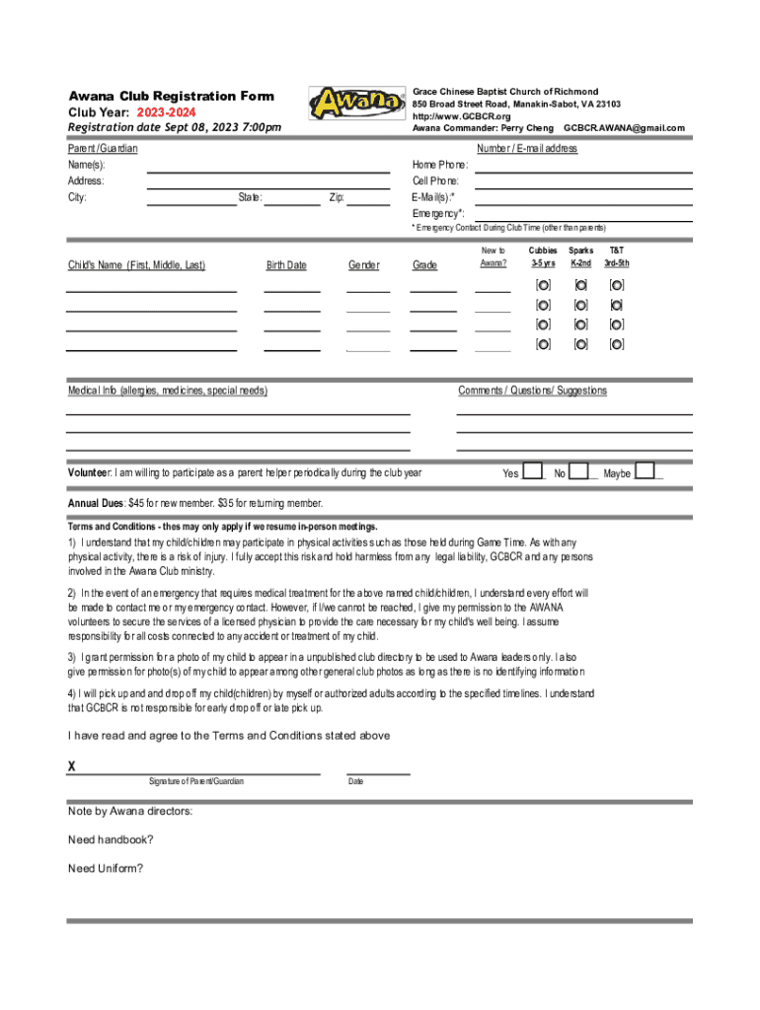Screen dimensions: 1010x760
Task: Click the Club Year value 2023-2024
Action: [166, 112]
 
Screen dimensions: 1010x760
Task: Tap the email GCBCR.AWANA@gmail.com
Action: [624, 128]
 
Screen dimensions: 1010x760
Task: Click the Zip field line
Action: [368, 204]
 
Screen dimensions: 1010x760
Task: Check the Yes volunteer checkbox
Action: [532, 470]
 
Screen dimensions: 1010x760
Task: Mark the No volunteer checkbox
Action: [579, 470]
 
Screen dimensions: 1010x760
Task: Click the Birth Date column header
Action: [286, 265]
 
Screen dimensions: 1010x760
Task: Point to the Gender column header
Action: [364, 265]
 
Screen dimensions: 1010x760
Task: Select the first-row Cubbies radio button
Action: [543, 285]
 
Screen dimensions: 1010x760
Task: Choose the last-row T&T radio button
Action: [617, 344]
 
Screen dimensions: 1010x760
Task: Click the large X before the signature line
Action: [72, 766]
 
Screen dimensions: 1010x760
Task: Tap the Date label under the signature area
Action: [355, 782]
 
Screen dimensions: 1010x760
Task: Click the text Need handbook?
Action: [111, 840]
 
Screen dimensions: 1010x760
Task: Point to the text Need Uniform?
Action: [106, 869]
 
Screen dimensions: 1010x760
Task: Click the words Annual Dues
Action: [95, 503]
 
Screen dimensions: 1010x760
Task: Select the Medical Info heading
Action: [167, 392]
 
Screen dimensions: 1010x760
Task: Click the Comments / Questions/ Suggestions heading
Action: [532, 392]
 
